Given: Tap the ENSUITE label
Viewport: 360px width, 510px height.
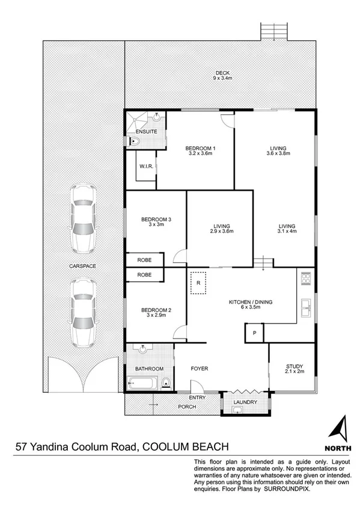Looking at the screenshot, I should [146, 131].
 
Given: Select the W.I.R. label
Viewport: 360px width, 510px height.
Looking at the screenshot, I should [147, 167].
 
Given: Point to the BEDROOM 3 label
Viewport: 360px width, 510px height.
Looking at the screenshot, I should [156, 220].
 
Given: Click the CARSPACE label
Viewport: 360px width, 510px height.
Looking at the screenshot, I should [82, 265].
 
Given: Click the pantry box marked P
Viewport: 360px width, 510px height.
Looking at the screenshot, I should [255, 333].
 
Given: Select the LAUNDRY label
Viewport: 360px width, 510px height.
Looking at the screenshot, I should [245, 402].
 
